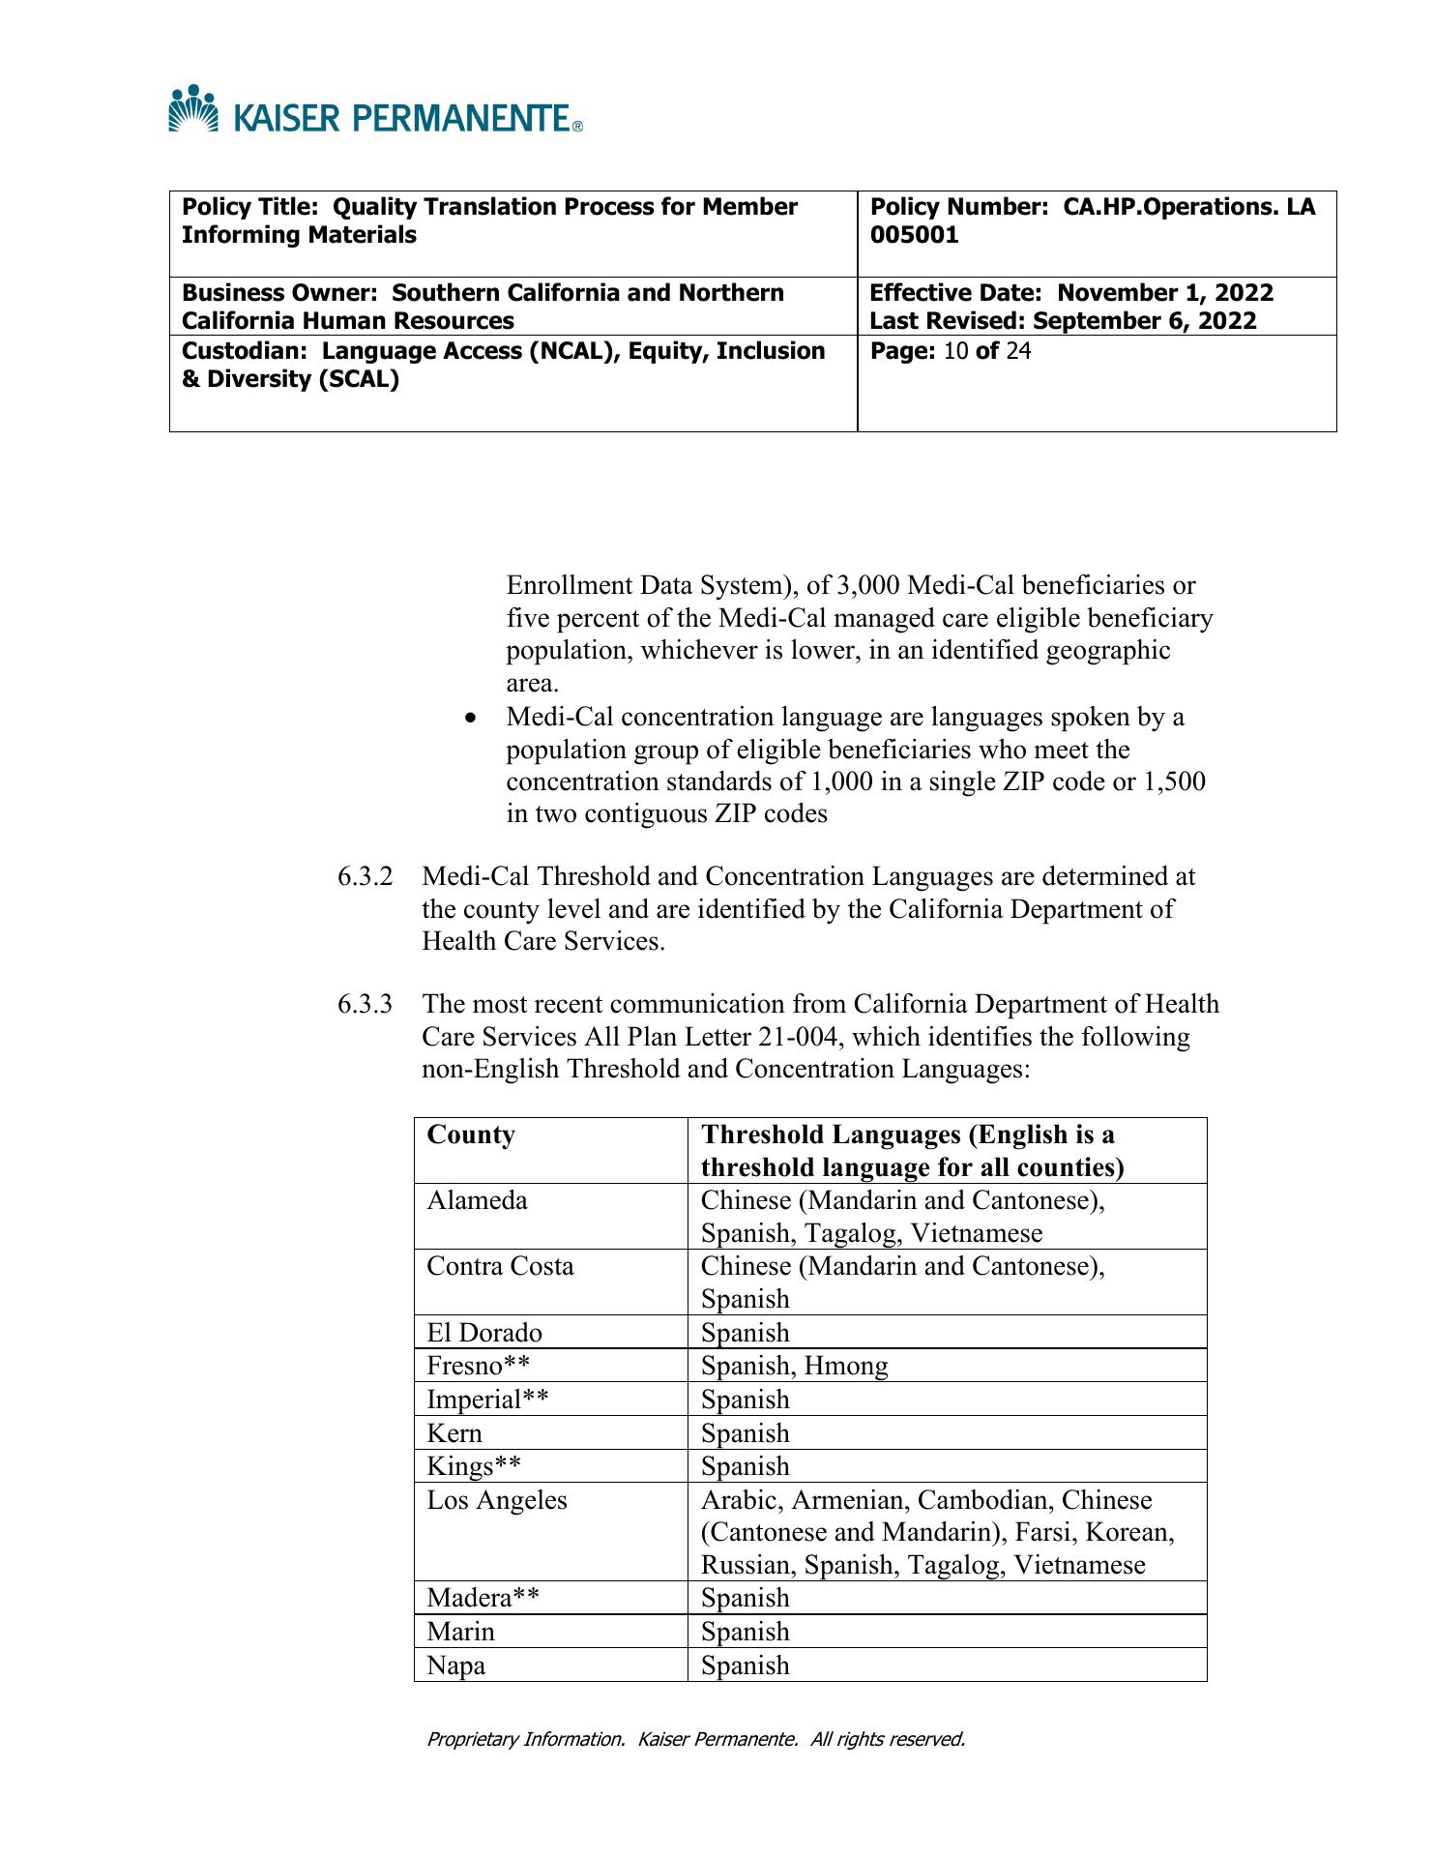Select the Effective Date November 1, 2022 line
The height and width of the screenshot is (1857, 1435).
tap(1071, 293)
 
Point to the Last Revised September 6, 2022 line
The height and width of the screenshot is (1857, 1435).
tap(1063, 321)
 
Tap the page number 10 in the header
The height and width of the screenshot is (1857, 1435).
tap(955, 351)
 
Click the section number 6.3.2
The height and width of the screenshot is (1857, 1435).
tap(366, 877)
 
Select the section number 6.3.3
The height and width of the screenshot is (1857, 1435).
tap(366, 1005)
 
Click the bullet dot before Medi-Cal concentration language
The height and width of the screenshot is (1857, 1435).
tap(471, 719)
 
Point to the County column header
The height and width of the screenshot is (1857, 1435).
tap(471, 1135)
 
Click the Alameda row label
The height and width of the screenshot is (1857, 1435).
tap(478, 1201)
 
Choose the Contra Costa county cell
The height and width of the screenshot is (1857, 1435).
tap(500, 1267)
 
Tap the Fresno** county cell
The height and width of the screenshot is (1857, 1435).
tap(479, 1366)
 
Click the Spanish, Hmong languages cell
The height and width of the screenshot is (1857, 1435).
tap(794, 1366)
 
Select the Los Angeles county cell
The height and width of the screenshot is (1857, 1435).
tap(497, 1500)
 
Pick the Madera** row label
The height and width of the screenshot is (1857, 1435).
tap(483, 1598)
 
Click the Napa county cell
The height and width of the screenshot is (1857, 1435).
tap(456, 1665)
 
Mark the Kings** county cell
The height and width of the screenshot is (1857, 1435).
tap(474, 1466)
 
